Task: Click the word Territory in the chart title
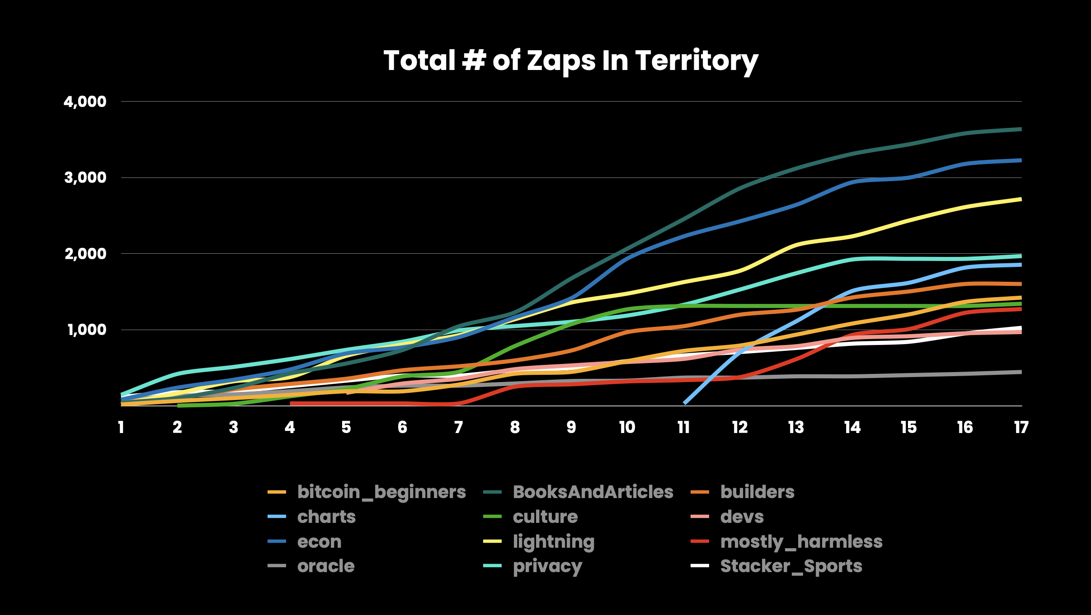coord(696,61)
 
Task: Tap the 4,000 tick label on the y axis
coord(85,102)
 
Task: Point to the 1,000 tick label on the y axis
coord(87,330)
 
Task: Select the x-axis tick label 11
coord(683,427)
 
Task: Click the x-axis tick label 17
coord(1021,427)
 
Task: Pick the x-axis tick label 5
coord(346,427)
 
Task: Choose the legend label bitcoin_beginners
coord(381,492)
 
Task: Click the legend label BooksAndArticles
coord(593,492)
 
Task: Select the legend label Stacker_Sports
coord(791,566)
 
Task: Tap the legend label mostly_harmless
coord(801,542)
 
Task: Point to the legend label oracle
coord(326,566)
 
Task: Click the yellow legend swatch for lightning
coord(492,541)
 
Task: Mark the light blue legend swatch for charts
coord(277,517)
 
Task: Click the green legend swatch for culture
coord(492,517)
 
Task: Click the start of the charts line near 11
coord(685,403)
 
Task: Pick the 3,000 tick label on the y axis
coord(85,178)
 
